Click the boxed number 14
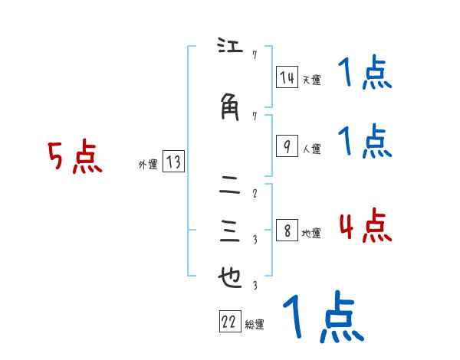287,77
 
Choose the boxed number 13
173,162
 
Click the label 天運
311,80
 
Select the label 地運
311,234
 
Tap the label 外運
147,164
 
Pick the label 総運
255,326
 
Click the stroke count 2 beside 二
254,193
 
